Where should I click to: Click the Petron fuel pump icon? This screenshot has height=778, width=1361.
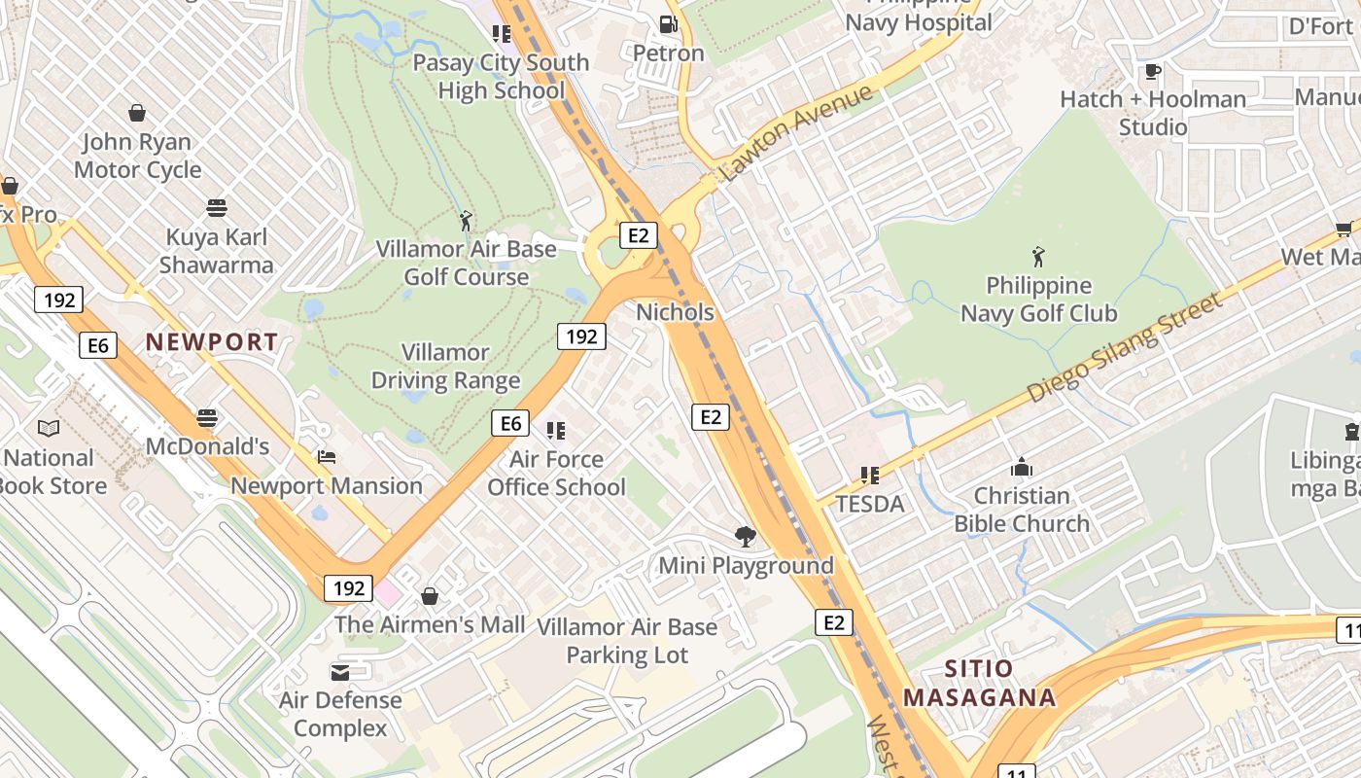(x=668, y=24)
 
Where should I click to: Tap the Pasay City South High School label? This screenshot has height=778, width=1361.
(x=501, y=77)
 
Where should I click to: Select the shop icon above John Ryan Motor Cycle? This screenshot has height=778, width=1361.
(x=137, y=113)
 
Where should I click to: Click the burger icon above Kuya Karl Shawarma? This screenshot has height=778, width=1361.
(x=217, y=208)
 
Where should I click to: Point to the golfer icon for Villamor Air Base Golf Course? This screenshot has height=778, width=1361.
(x=466, y=221)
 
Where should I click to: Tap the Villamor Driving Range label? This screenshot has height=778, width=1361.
(x=446, y=367)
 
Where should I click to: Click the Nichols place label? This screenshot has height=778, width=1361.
(x=675, y=312)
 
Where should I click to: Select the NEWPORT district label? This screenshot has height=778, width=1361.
(x=212, y=342)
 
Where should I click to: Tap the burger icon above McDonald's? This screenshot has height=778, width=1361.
(x=206, y=418)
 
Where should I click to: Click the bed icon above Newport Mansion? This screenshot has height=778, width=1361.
(x=327, y=457)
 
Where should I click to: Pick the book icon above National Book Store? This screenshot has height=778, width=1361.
(x=49, y=428)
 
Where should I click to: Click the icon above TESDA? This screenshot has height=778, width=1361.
(x=870, y=476)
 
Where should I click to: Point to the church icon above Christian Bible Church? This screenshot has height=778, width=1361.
(x=1022, y=467)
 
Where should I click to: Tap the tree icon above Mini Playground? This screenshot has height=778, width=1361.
(x=746, y=536)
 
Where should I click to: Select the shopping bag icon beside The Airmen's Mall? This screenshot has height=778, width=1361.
(x=430, y=595)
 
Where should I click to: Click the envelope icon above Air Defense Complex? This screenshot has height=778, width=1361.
(x=340, y=672)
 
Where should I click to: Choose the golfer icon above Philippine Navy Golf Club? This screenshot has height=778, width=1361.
(x=1038, y=258)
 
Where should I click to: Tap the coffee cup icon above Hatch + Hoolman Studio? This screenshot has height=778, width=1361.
(x=1153, y=71)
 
